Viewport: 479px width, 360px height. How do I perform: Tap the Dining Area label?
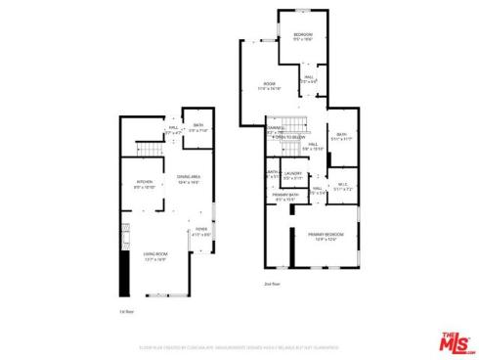click(189, 178)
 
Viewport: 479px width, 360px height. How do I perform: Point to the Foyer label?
click(201, 232)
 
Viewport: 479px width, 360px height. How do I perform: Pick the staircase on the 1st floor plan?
click(149, 149)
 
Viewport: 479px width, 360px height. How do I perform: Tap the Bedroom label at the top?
click(302, 36)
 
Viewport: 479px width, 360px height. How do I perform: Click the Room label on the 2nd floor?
click(269, 86)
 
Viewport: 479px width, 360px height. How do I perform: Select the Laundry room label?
click(292, 176)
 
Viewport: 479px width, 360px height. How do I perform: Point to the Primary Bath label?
click(285, 197)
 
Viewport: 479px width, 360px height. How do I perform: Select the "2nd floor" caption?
click(272, 284)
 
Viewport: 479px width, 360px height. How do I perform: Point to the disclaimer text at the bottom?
click(239, 345)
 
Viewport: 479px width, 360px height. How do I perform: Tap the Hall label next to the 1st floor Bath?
click(173, 128)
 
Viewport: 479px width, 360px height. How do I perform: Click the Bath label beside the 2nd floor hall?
click(341, 136)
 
